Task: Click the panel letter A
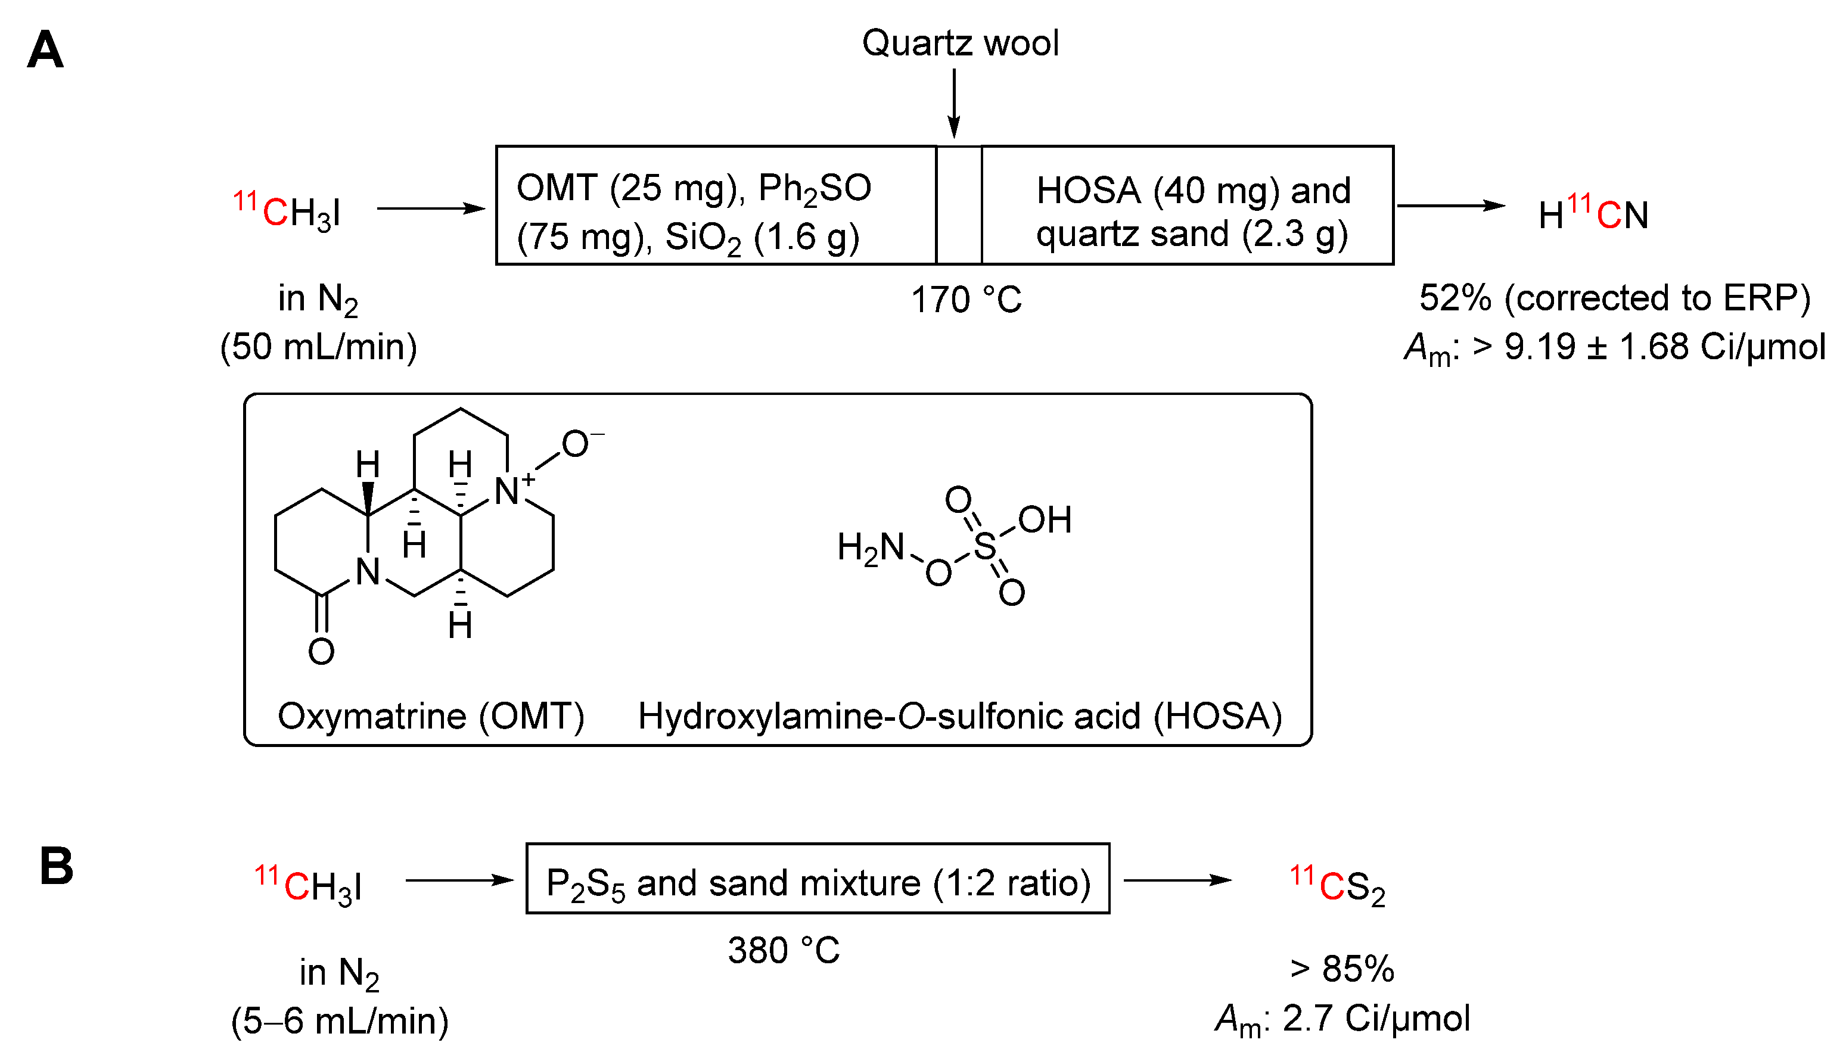[x=45, y=50]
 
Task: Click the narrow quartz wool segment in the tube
[x=959, y=205]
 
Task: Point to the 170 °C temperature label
[x=966, y=299]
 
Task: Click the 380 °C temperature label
[x=784, y=950]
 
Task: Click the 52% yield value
[x=1455, y=298]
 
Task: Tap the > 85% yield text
[x=1342, y=969]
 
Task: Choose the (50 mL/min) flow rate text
[x=319, y=347]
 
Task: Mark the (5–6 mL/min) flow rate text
[x=340, y=1021]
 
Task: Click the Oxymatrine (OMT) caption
[x=431, y=716]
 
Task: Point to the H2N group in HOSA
[x=870, y=547]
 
